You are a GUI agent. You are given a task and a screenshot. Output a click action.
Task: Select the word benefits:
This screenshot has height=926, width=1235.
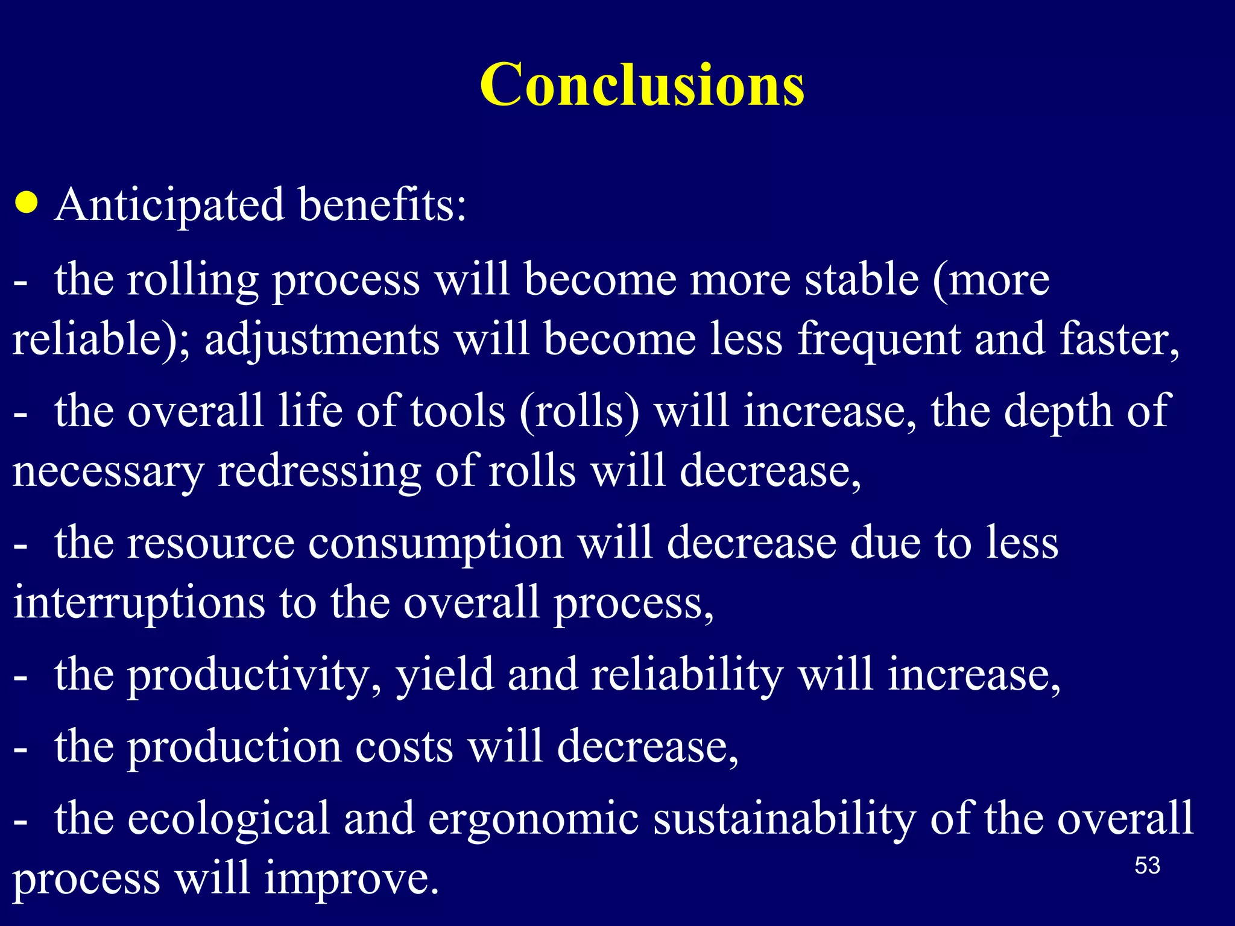click(382, 205)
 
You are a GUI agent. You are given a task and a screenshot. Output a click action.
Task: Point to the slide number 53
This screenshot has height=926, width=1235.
click(1147, 866)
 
